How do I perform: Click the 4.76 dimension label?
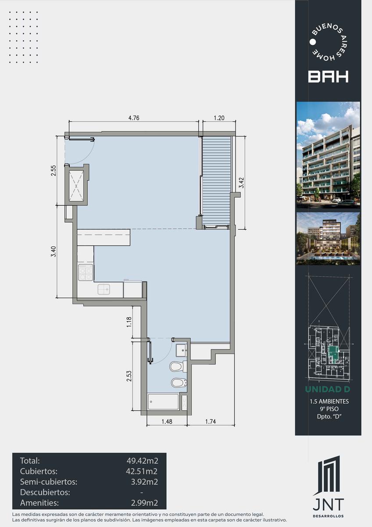point(134,118)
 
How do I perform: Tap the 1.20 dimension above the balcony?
point(219,118)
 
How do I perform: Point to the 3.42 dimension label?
point(241,183)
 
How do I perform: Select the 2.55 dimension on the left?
point(54,170)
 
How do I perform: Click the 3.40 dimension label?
point(54,252)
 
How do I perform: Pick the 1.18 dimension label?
point(129,322)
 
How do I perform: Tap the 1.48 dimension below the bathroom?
point(167,421)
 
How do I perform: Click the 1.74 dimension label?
point(211,421)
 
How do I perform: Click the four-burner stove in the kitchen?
point(86,272)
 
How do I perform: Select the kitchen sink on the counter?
point(104,289)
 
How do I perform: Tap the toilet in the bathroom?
point(179,366)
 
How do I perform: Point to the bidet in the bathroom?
point(179,383)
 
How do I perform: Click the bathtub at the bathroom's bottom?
point(163,401)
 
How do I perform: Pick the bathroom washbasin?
point(182,350)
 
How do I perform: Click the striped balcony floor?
point(216,180)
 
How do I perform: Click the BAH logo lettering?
point(328,77)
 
